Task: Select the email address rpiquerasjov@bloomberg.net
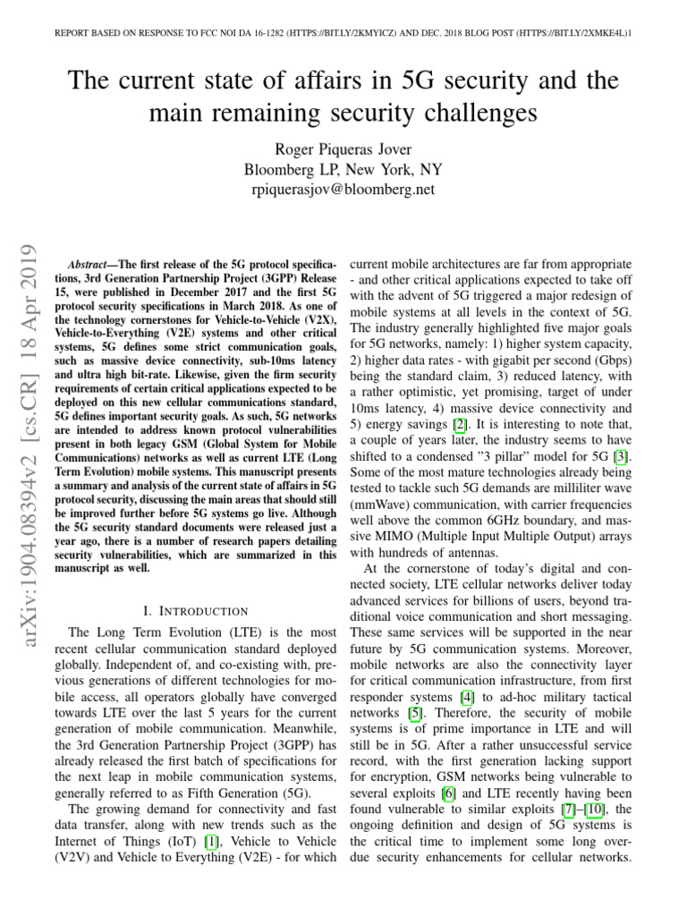coord(343,190)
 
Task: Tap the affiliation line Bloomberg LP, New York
coord(343,170)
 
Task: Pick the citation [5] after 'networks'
coord(415,713)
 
